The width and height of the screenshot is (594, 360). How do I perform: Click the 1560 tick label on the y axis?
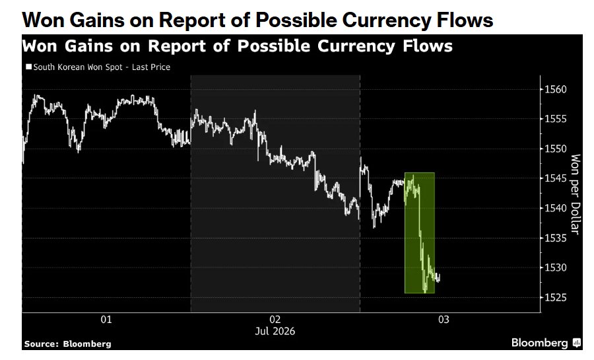[x=556, y=89]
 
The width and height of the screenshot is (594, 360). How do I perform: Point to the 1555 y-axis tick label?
[x=556, y=119]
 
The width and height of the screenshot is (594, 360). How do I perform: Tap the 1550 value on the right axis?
[x=556, y=149]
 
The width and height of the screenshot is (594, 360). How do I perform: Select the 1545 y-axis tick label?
[x=556, y=178]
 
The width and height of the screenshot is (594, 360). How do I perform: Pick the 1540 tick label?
[x=556, y=208]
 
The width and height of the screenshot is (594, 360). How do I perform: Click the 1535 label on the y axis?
[x=556, y=238]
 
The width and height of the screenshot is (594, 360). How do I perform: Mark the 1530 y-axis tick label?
[x=556, y=268]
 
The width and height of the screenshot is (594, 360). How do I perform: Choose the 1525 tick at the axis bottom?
[x=556, y=297]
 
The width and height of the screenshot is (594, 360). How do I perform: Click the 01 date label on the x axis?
[x=106, y=320]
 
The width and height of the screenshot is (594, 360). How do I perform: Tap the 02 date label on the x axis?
[x=275, y=320]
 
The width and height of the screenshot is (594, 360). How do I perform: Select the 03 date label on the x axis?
[x=444, y=320]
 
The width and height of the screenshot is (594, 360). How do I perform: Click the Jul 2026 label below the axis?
[x=275, y=331]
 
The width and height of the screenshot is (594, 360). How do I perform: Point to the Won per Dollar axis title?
[x=575, y=194]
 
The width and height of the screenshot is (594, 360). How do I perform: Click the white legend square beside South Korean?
[x=29, y=67]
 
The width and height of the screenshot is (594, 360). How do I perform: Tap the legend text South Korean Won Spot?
[x=78, y=67]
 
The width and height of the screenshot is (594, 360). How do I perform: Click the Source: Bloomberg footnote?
[x=68, y=344]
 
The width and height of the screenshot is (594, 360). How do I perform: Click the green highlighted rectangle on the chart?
[x=420, y=233]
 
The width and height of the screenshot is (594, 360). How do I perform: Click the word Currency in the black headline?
[x=386, y=20]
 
